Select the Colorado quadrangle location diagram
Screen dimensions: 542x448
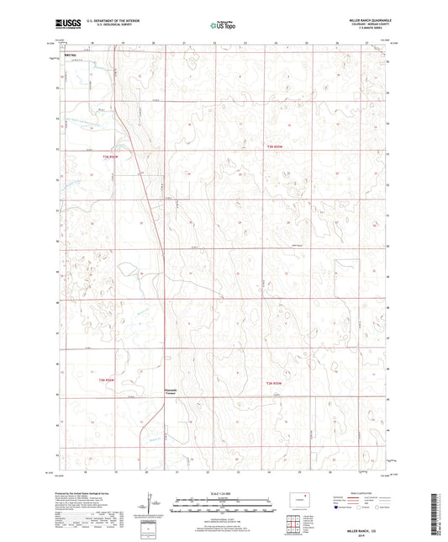coord(301,497)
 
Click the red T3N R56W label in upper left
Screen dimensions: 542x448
coord(111,156)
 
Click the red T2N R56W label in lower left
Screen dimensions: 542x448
coord(111,380)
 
